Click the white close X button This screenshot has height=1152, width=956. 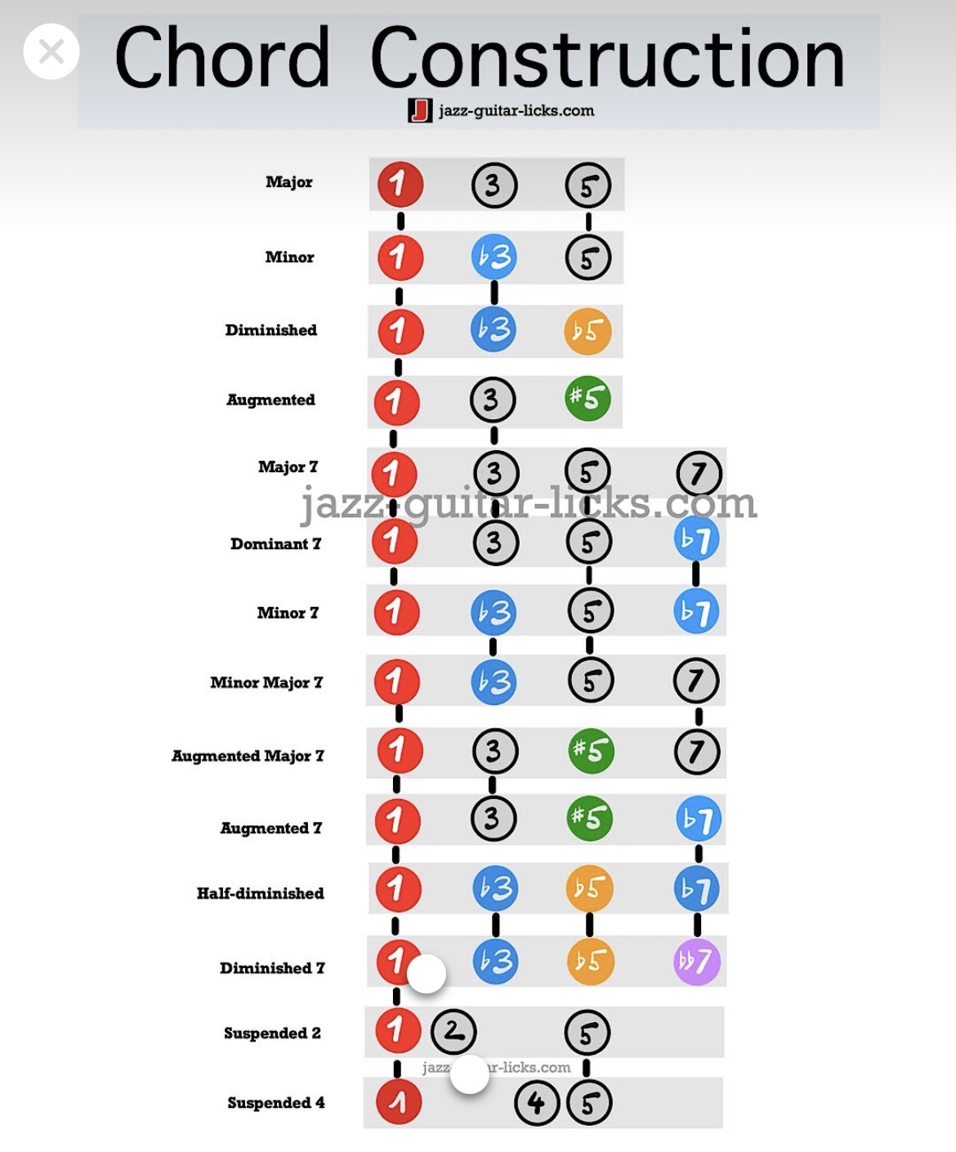click(51, 51)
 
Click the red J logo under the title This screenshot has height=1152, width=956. click(420, 110)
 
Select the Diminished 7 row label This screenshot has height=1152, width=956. click(272, 968)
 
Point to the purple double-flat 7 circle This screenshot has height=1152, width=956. click(697, 962)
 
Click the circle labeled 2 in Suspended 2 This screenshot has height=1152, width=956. click(453, 1032)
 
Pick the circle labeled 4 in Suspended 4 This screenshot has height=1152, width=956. click(537, 1103)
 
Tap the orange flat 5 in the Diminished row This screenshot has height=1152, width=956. click(587, 331)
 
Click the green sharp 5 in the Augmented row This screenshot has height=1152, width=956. click(587, 399)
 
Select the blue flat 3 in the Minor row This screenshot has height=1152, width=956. click(494, 257)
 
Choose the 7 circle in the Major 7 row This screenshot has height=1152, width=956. click(699, 474)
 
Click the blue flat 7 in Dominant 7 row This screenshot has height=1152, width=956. click(697, 539)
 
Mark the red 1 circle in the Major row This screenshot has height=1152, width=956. click(400, 185)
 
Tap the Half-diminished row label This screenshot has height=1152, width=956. click(260, 893)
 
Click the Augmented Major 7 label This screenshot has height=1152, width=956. click(248, 756)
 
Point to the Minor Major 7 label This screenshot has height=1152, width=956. click(266, 682)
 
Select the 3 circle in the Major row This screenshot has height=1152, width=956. click(494, 185)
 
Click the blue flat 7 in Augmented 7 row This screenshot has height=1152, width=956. click(699, 819)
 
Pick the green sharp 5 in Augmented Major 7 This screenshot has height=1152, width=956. click(590, 750)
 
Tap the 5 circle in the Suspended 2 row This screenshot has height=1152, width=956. click(587, 1034)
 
